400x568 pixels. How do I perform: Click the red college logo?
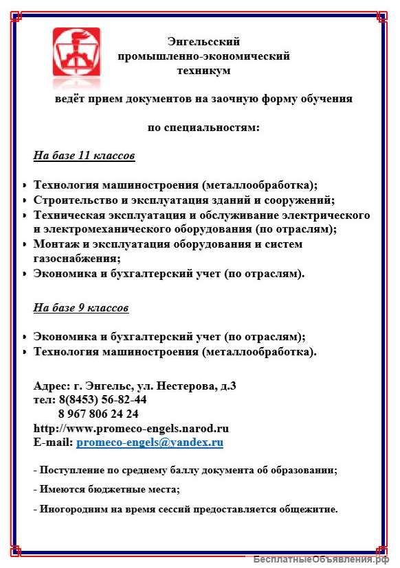pyautogui.click(x=76, y=52)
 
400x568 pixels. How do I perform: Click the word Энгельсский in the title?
pyautogui.click(x=203, y=42)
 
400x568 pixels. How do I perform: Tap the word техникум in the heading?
pyautogui.click(x=203, y=70)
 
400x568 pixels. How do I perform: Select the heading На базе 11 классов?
pyautogui.click(x=84, y=156)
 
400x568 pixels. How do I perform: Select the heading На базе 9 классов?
pyautogui.click(x=81, y=308)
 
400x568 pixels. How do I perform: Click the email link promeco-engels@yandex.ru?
pyautogui.click(x=150, y=442)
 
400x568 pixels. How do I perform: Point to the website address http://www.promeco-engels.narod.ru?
pyautogui.click(x=131, y=428)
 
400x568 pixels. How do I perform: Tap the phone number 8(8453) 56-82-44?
pyautogui.click(x=102, y=399)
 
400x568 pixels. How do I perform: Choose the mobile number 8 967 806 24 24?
pyautogui.click(x=98, y=414)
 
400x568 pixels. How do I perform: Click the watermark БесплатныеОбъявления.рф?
pyautogui.click(x=325, y=559)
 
